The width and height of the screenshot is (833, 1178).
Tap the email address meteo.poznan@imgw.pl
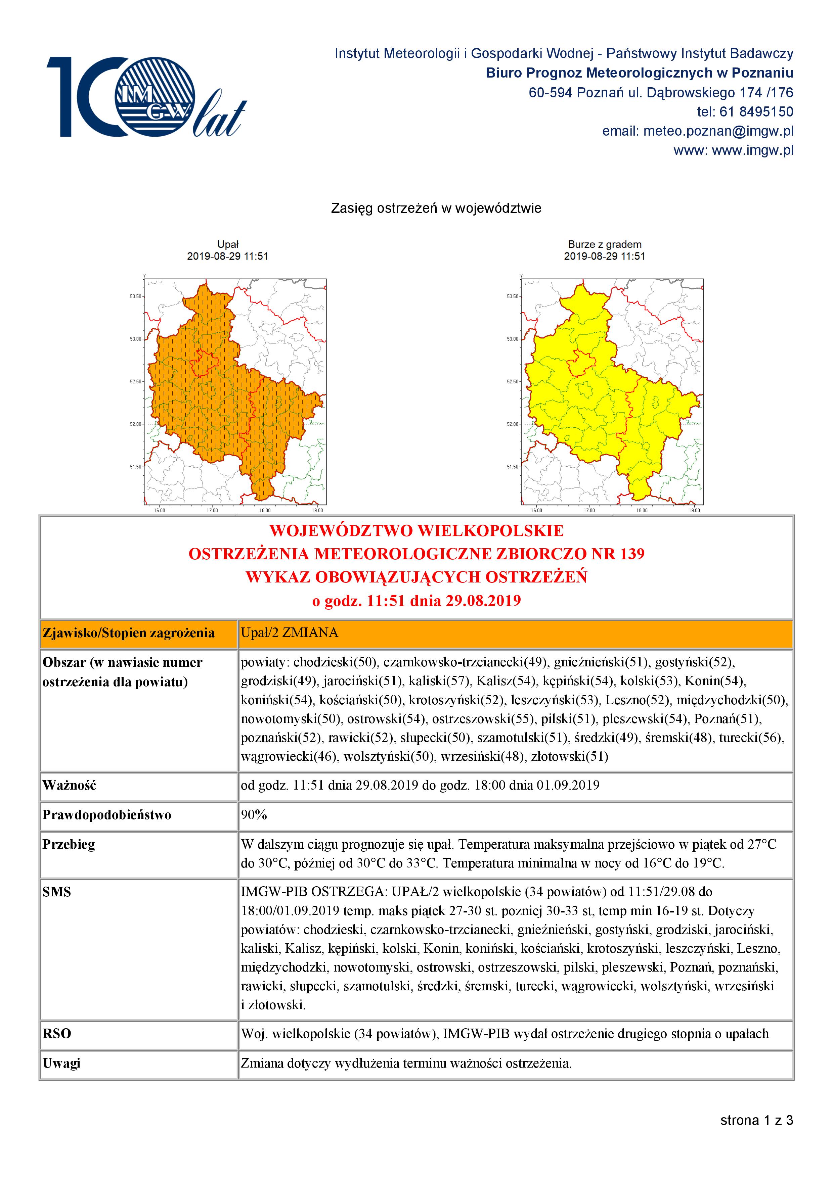coord(718,131)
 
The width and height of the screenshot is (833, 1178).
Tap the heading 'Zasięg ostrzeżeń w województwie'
coord(436,208)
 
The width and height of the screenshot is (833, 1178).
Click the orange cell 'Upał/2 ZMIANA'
coord(290,632)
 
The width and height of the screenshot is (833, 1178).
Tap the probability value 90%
coord(254,815)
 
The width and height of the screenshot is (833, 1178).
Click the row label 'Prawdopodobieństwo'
coord(107,815)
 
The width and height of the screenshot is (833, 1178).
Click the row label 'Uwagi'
coord(61,1063)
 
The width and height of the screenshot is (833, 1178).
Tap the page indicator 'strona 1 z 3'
coord(756,1120)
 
